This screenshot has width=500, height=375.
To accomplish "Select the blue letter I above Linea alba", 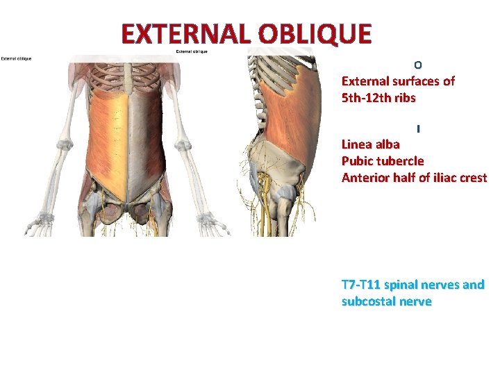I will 419,129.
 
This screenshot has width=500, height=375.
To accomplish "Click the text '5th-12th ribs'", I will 378,98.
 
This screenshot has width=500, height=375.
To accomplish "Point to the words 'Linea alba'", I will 370,144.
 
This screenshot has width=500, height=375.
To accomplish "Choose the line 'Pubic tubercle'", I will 383,160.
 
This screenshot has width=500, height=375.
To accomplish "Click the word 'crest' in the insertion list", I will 472,177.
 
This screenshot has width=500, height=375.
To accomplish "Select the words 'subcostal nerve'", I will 386,301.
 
